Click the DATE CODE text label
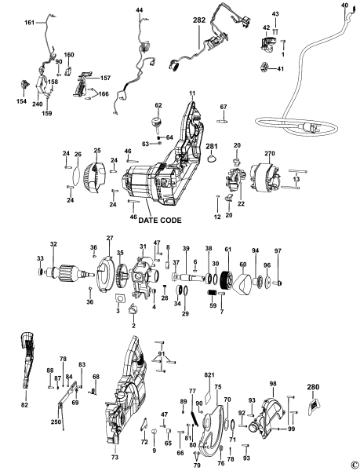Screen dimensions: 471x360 coord(162,221)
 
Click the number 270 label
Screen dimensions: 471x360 coord(269,155)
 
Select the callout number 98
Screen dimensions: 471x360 coord(273,384)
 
